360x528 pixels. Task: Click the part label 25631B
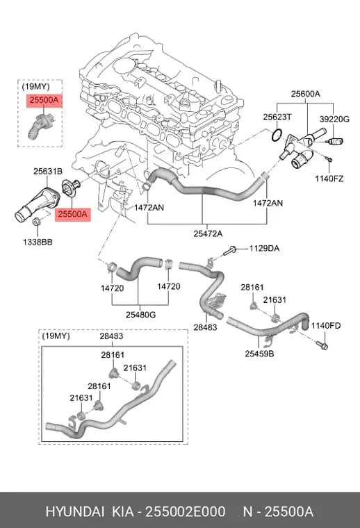(48, 172)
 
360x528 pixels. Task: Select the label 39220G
(334, 119)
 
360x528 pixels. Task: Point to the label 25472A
(208, 233)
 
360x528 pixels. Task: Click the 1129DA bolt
(230, 250)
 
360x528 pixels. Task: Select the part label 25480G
(141, 315)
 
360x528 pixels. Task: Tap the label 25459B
(259, 354)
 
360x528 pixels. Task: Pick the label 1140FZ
(329, 179)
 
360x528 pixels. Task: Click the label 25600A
(306, 94)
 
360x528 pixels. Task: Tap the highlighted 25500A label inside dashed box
(44, 100)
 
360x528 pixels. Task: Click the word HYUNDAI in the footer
(75, 512)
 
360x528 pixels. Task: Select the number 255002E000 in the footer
(185, 512)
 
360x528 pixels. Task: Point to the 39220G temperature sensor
(336, 141)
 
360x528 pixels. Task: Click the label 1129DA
(264, 249)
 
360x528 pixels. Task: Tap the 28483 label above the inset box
(111, 336)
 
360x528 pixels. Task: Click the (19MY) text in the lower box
(56, 336)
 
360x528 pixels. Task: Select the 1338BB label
(38, 242)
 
